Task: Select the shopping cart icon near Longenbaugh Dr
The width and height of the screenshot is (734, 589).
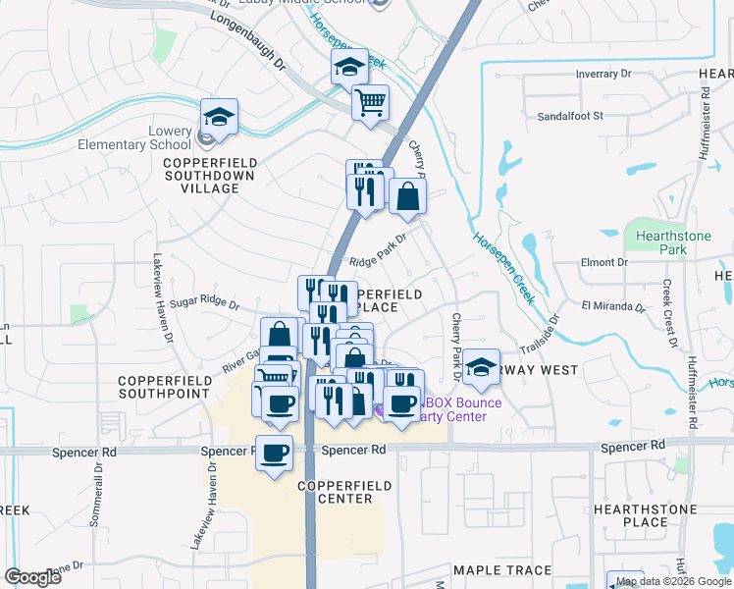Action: tap(370, 102)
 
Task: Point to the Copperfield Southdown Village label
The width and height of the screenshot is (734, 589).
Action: tap(210, 176)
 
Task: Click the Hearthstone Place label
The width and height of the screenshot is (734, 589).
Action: tap(645, 516)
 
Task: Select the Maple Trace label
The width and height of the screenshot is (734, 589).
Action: tap(502, 569)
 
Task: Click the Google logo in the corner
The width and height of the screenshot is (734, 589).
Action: tap(33, 577)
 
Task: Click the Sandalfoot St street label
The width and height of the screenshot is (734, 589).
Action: tap(569, 115)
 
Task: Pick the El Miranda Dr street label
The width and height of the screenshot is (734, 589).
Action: tap(613, 306)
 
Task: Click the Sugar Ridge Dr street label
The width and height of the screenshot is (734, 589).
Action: tap(204, 304)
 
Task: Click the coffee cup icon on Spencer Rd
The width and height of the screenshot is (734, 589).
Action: tap(275, 454)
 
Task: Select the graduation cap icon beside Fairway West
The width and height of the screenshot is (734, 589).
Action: tap(480, 367)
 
